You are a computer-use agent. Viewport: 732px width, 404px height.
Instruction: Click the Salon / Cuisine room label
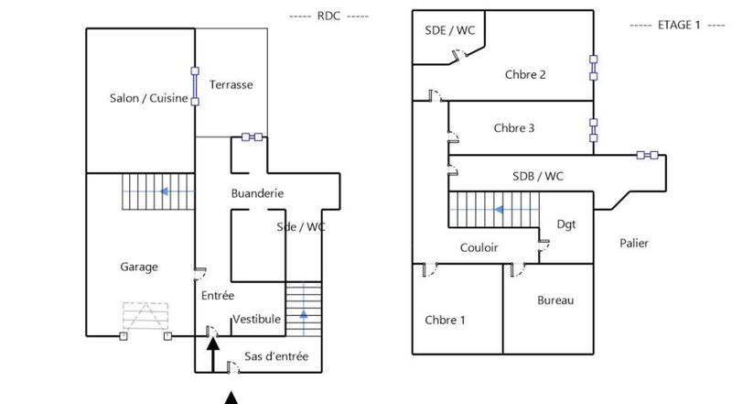[148, 99]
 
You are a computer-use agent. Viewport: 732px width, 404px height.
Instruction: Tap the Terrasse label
[231, 84]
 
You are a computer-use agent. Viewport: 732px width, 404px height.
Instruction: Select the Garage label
[139, 267]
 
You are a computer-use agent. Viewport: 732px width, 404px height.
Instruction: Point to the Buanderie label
[256, 193]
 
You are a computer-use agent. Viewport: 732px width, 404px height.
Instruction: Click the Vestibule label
[256, 319]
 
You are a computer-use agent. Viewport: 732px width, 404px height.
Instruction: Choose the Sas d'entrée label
[276, 355]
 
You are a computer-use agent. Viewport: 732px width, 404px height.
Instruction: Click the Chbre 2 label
[525, 74]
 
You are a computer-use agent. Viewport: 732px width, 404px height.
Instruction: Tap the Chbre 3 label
[513, 128]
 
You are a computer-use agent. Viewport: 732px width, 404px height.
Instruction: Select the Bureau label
[554, 300]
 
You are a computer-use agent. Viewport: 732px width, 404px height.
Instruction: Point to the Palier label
[633, 243]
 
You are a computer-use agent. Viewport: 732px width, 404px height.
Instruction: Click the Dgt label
[565, 224]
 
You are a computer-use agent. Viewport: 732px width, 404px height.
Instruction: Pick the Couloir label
[479, 247]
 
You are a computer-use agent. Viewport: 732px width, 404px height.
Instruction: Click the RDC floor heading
[328, 16]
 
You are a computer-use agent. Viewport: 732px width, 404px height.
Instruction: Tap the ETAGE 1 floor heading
[677, 25]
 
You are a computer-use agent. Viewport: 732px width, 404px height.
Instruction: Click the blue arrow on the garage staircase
[164, 191]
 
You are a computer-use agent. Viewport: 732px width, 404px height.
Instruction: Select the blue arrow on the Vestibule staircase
[303, 317]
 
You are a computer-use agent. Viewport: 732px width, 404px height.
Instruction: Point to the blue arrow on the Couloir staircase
[501, 209]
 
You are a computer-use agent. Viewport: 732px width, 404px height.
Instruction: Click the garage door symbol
[146, 316]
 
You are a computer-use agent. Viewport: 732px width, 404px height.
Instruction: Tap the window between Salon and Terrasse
[194, 85]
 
